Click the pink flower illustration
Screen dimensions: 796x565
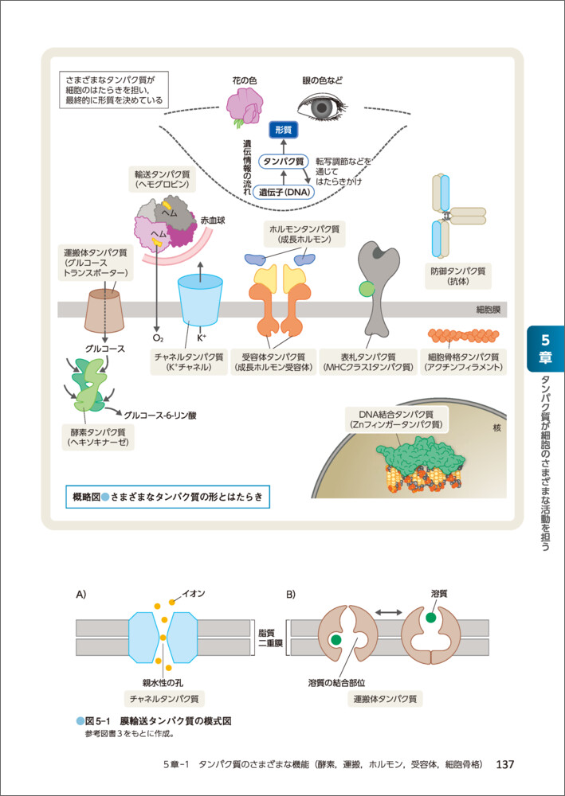tap(243, 105)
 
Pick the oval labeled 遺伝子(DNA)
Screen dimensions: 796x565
tap(284, 192)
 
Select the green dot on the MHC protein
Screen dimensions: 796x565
tap(367, 290)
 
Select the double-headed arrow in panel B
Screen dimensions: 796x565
tap(388, 612)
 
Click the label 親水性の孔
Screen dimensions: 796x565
tap(162, 681)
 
